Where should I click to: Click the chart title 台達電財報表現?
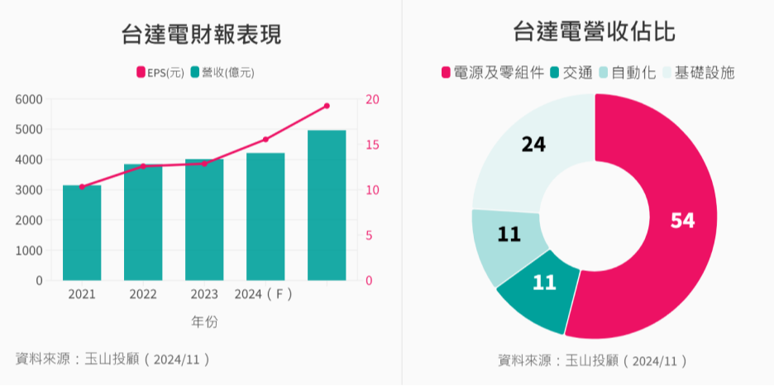[200, 35]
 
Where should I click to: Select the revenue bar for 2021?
[82, 233]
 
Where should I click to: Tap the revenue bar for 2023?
[204, 220]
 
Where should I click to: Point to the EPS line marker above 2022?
[143, 166]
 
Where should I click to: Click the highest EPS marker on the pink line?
[327, 106]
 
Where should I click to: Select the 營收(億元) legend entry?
[222, 73]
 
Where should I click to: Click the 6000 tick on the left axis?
[29, 99]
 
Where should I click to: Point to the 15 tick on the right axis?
[373, 145]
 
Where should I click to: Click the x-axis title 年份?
[203, 322]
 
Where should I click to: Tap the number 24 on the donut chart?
[533, 145]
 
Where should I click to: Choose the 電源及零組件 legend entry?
[493, 73]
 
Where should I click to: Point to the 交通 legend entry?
[571, 73]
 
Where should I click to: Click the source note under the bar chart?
[113, 359]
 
